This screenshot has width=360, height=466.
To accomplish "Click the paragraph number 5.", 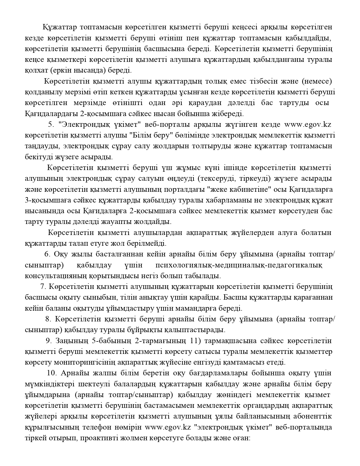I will click(x=51, y=125).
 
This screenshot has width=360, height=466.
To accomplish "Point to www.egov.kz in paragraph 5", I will click(x=307, y=125).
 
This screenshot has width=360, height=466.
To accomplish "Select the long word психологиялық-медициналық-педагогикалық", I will click(x=239, y=265).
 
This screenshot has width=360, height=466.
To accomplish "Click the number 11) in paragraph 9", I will click(x=195, y=341).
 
